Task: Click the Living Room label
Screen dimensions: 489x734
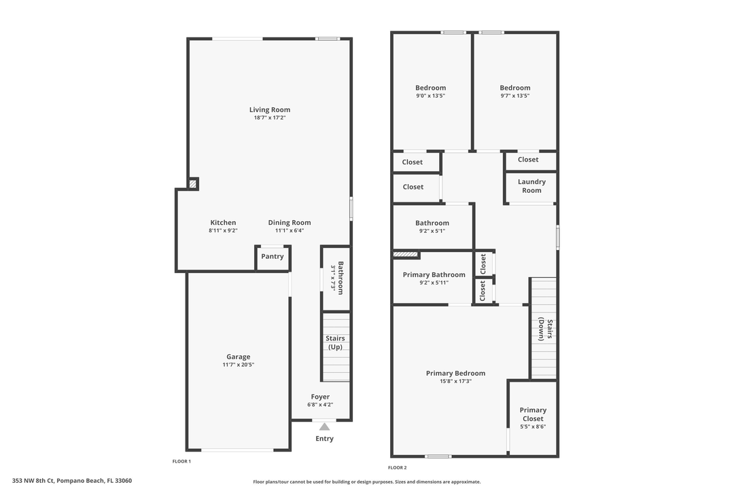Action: coord(270,109)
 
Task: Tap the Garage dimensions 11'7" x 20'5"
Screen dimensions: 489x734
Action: coord(238,365)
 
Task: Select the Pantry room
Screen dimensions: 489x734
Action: coord(273,257)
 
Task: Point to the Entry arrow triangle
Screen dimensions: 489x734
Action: coord(325,427)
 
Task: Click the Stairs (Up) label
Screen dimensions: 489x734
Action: coord(335,342)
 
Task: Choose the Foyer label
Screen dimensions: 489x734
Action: coord(320,397)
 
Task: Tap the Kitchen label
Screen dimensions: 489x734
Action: coord(223,223)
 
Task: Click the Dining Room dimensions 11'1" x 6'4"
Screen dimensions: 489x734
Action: coord(290,230)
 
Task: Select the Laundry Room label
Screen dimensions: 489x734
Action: coord(531,186)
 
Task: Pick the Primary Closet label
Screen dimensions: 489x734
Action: coord(533,414)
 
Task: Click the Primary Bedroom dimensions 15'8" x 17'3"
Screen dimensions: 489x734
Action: coord(455,381)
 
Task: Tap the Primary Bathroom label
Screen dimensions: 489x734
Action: coord(434,275)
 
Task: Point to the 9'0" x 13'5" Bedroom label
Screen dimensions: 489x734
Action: coord(431,88)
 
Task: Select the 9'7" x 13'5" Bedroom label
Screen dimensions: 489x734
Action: coord(514,88)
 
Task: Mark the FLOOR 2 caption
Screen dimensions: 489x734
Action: coord(398,467)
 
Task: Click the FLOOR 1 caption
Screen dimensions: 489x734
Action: coord(181,461)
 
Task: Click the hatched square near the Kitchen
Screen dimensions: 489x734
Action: coord(193,183)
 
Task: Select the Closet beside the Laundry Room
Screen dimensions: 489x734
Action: coord(528,160)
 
